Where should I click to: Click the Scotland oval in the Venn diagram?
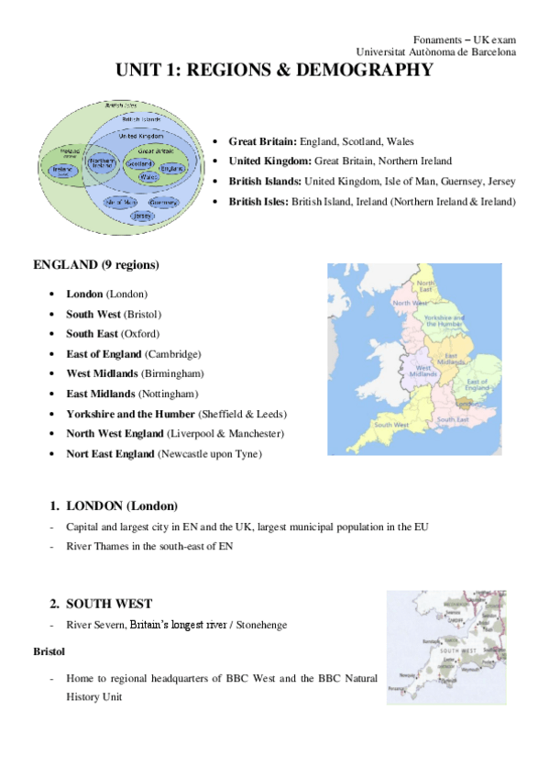pos(140,163)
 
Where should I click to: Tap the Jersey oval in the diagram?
pos(142,216)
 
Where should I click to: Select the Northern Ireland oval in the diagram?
pos(99,164)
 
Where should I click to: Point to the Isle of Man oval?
pos(121,201)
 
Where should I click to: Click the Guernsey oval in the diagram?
pos(162,201)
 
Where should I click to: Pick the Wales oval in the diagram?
pos(146,181)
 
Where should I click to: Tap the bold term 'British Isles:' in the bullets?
pos(258,201)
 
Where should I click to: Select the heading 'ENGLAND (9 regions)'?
pos(95,265)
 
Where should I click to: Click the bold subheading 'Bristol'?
pos(49,652)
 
